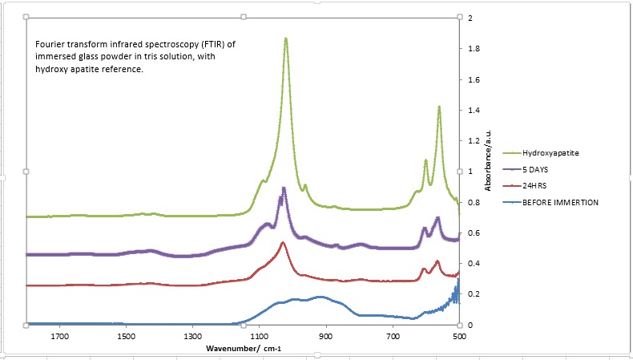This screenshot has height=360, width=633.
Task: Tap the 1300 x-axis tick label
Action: tap(192, 337)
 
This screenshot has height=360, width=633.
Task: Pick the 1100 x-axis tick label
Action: tap(259, 337)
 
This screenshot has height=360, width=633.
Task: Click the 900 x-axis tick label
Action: tap(325, 337)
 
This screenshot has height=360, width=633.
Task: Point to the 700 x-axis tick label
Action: tap(393, 337)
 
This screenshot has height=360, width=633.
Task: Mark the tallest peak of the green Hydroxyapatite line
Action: tap(285, 38)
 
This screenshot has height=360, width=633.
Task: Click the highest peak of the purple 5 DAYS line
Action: tap(283, 188)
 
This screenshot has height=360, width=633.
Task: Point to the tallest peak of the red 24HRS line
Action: tap(283, 242)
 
